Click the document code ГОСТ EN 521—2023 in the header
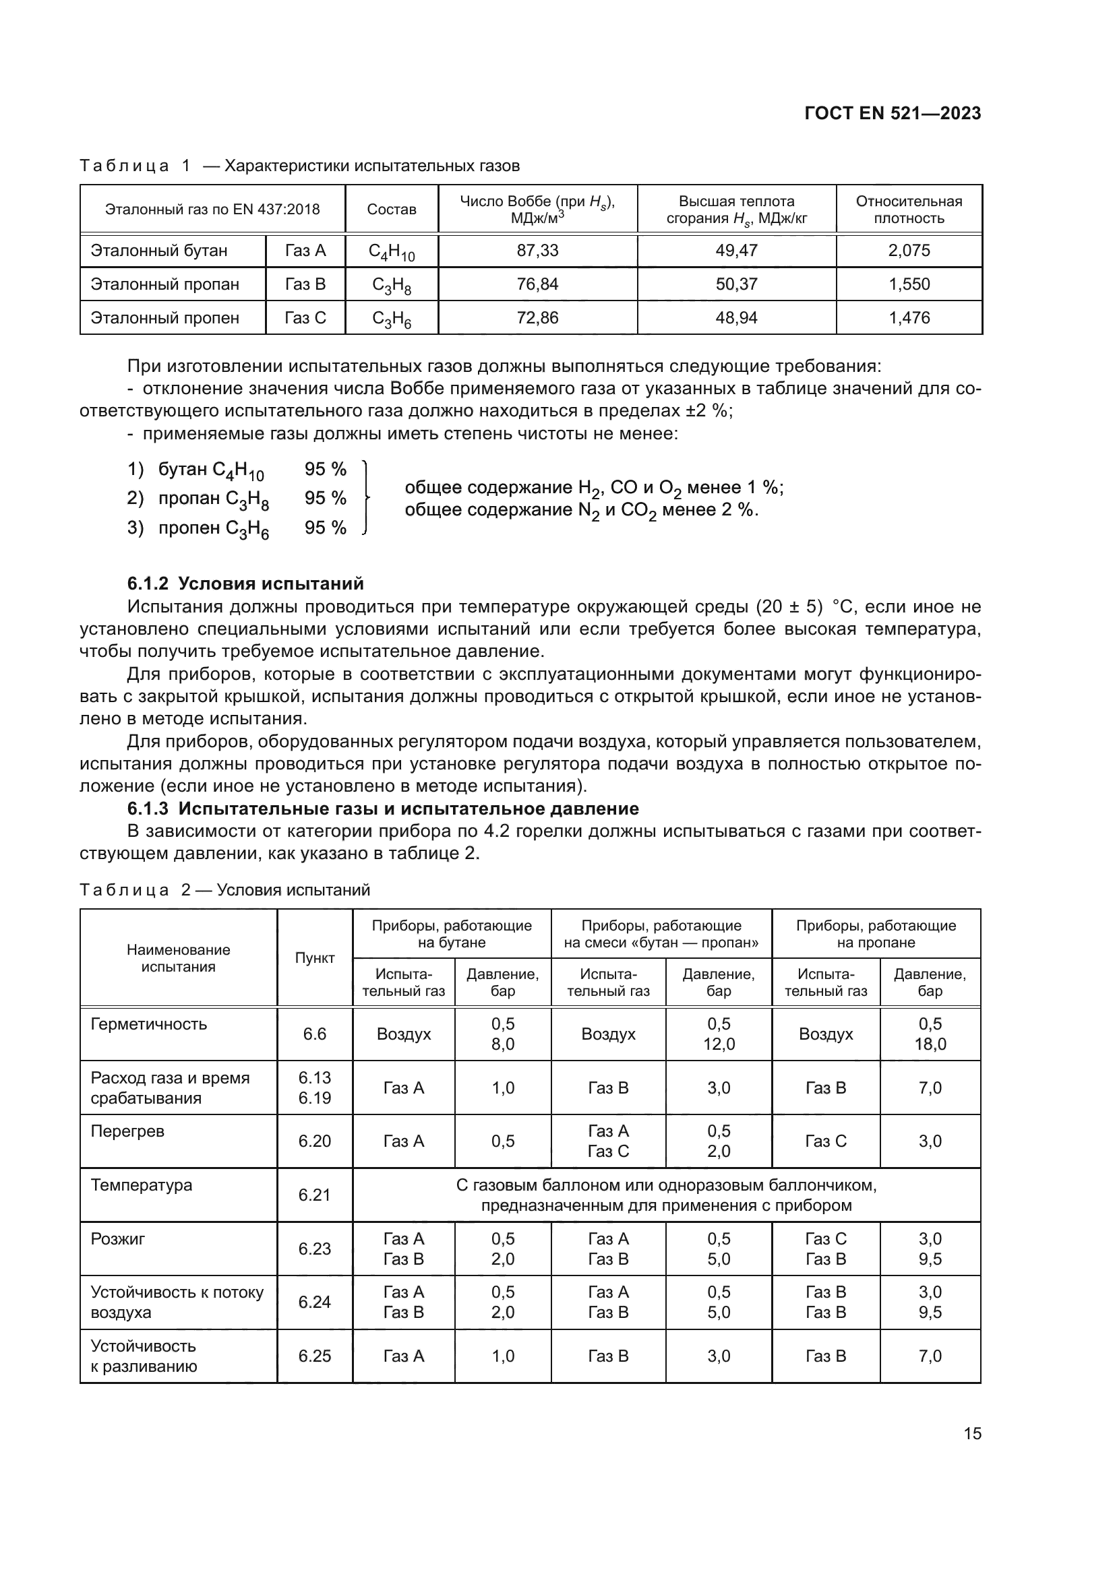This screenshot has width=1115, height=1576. pos(892,113)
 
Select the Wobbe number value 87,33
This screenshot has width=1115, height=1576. pos(537,251)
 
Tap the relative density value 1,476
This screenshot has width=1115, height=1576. pos(908,318)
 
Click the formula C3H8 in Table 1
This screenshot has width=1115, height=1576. pos(392,285)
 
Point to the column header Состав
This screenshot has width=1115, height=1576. pos(392,210)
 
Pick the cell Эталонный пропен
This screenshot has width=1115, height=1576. pos(164,318)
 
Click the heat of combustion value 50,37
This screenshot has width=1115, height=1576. pos(736,284)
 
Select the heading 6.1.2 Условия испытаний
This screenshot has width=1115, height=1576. pos(245,584)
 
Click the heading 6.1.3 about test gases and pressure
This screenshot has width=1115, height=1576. pos(382,809)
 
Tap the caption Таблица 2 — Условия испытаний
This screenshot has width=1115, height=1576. pos(224,889)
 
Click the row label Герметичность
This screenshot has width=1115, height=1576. pos(148,1024)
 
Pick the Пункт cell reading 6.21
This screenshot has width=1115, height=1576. pos(314,1195)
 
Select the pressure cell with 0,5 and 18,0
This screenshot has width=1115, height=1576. pos(930,1034)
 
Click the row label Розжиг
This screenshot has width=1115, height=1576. pos(117,1239)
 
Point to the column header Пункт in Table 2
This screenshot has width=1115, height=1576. pos(314,958)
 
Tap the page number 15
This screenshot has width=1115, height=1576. pos(972,1433)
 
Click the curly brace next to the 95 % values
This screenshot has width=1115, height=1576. pos(367,498)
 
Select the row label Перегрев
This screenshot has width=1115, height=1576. pos(127,1131)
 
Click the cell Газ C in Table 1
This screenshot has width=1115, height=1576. pos(305,318)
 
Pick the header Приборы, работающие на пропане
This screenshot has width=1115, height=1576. pos(876,933)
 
